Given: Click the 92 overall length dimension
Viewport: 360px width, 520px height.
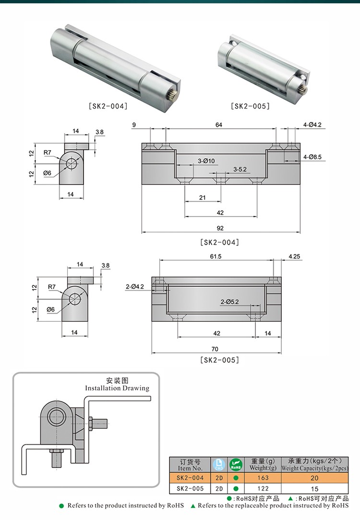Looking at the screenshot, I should pyautogui.click(x=220, y=228).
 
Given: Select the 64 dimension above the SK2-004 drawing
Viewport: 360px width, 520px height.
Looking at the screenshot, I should pyautogui.click(x=219, y=125).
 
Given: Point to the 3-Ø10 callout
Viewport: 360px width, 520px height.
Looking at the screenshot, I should pyautogui.click(x=206, y=161).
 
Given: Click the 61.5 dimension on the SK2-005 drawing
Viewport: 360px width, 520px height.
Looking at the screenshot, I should pyautogui.click(x=216, y=256).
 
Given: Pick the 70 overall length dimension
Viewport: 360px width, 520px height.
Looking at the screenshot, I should pyautogui.click(x=215, y=349).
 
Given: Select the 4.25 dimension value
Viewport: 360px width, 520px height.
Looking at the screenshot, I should pyautogui.click(x=294, y=256).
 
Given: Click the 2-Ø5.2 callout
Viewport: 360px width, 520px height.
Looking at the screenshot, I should pyautogui.click(x=229, y=302).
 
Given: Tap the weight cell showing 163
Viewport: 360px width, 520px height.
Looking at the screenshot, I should pyautogui.click(x=263, y=478).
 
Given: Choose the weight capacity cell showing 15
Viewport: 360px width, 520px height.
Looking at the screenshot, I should pyautogui.click(x=315, y=489).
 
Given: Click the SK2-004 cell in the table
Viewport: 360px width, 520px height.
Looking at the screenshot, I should pyautogui.click(x=191, y=478).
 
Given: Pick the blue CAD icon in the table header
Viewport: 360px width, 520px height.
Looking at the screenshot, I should pyautogui.click(x=218, y=464).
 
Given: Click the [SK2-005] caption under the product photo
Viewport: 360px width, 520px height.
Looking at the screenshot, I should pyautogui.click(x=250, y=106).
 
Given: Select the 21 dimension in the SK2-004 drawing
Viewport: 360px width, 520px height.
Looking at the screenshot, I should pyautogui.click(x=202, y=197).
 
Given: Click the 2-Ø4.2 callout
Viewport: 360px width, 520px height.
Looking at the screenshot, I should pyautogui.click(x=134, y=287).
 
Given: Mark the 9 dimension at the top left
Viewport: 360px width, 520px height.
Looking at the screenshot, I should pyautogui.click(x=133, y=125).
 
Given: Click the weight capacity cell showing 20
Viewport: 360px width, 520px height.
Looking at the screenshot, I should pyautogui.click(x=315, y=478).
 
